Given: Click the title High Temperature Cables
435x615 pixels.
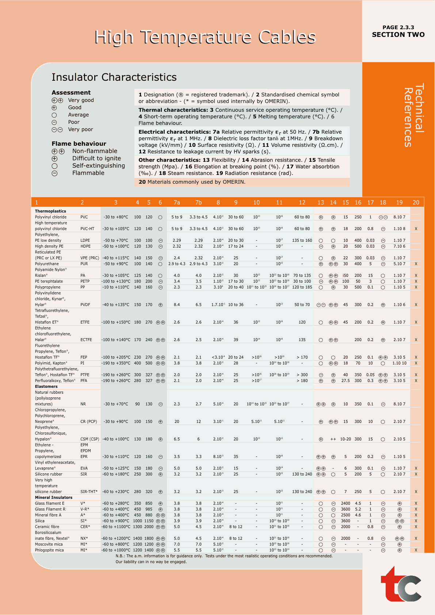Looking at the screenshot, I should pyautogui.click(x=205, y=37).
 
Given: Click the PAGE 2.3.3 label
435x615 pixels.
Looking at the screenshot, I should pyautogui.click(x=398, y=27).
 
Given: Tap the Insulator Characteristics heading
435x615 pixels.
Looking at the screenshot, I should pyautogui.click(x=114, y=77).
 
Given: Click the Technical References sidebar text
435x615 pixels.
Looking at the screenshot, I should pyautogui.click(x=414, y=115).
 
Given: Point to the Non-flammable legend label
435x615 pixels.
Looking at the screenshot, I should pyautogui.click(x=95, y=151).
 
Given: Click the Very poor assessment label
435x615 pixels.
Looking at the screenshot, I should pyautogui.click(x=80, y=130).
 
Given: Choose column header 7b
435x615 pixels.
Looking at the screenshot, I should pyautogui.click(x=198, y=203).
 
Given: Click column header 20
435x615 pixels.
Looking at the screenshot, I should pyautogui.click(x=416, y=203).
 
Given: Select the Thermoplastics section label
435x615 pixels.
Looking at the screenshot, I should pyautogui.click(x=50, y=211).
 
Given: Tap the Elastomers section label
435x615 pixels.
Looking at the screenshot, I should pyautogui.click(x=46, y=387).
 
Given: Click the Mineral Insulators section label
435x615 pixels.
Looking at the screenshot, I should pyautogui.click(x=53, y=498).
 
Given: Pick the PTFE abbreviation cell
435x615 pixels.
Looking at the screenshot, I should pyautogui.click(x=85, y=375).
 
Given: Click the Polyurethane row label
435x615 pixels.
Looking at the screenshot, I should pyautogui.click(x=47, y=264).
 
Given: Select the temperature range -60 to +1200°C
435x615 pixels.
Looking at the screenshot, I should pyautogui.click(x=115, y=539).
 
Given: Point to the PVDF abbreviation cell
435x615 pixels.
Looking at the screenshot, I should pyautogui.click(x=85, y=305).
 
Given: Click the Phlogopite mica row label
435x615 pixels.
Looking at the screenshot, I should pyautogui.click(x=49, y=550).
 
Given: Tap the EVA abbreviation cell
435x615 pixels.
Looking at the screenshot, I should pyautogui.click(x=84, y=469).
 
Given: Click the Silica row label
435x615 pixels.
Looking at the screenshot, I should pyautogui.click(x=40, y=521).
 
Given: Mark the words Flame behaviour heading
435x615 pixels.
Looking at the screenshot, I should pyautogui.click(x=79, y=144).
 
